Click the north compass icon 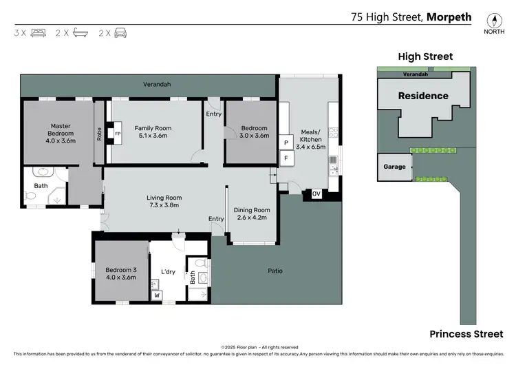pyautogui.click(x=494, y=21)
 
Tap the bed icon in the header pyautogui.click(x=38, y=33)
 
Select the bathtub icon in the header pyautogui.click(x=80, y=32)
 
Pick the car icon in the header pyautogui.click(x=120, y=33)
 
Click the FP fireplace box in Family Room pyautogui.click(x=118, y=134)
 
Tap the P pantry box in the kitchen pyautogui.click(x=286, y=143)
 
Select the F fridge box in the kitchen pyautogui.click(x=286, y=158)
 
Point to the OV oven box pyautogui.click(x=316, y=194)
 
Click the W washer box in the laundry pyautogui.click(x=157, y=295)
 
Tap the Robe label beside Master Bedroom pyautogui.click(x=99, y=134)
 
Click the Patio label pyautogui.click(x=275, y=271)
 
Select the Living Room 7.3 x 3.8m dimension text pyautogui.click(x=164, y=205)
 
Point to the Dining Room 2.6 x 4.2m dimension pyautogui.click(x=252, y=218)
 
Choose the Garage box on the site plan pyautogui.click(x=395, y=167)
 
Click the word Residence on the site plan pyautogui.click(x=423, y=96)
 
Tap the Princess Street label pyautogui.click(x=466, y=334)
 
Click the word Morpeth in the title pyautogui.click(x=449, y=17)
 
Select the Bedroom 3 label pyautogui.click(x=121, y=270)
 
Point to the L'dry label pyautogui.click(x=168, y=272)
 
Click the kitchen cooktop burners pyautogui.click(x=333, y=132)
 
